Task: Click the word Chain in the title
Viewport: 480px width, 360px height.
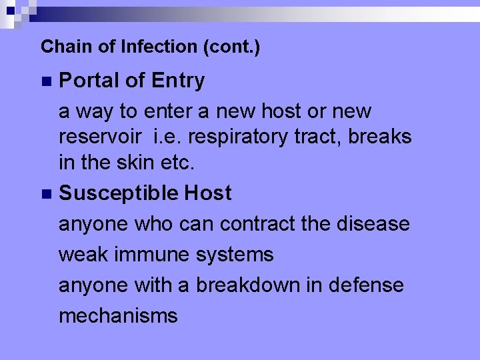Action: click(x=58, y=47)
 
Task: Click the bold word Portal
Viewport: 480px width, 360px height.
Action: click(x=89, y=81)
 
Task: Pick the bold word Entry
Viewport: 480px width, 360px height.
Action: click(x=178, y=81)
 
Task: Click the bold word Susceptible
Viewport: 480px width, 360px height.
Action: click(x=118, y=194)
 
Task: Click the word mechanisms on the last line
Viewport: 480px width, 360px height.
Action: click(x=118, y=315)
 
